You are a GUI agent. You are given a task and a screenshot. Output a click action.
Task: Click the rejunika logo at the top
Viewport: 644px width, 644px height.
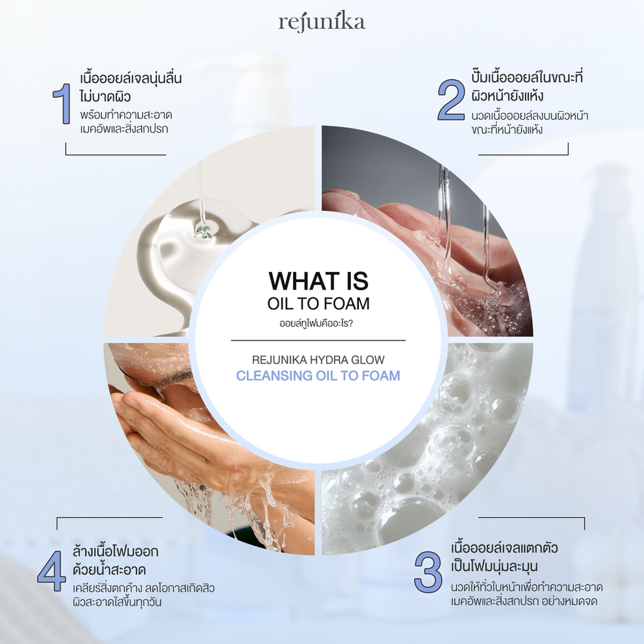tap(322, 23)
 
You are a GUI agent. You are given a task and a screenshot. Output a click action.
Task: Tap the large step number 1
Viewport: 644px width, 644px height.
tap(62, 104)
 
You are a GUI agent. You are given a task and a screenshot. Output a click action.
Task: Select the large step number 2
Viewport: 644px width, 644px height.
tap(451, 100)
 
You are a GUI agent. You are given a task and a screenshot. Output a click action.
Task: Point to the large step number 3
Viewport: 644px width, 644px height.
tap(428, 572)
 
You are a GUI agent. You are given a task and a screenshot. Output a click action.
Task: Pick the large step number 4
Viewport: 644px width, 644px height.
tap(52, 571)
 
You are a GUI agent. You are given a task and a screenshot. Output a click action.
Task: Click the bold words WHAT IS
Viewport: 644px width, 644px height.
tap(318, 281)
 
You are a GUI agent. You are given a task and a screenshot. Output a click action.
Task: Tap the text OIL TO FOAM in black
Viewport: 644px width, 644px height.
tap(318, 304)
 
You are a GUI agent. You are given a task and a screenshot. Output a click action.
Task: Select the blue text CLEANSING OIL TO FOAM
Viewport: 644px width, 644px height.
tap(318, 375)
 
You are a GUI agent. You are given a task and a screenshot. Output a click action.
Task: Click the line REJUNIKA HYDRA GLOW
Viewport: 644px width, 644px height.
tap(318, 360)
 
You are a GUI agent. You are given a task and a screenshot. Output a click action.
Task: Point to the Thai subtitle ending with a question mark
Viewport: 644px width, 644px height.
tap(316, 323)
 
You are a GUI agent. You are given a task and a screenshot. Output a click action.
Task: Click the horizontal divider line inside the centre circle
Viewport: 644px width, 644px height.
tap(318, 340)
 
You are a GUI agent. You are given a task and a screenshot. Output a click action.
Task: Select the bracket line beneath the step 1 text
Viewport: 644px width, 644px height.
tap(116, 154)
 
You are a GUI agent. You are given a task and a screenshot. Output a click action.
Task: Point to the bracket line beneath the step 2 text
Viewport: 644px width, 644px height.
tap(523, 154)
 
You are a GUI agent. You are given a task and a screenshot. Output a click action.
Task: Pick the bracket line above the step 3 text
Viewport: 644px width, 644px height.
tap(532, 518)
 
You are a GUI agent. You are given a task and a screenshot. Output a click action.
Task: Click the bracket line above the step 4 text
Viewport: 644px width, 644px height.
tap(109, 518)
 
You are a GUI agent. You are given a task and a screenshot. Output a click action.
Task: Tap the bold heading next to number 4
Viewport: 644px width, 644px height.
tap(115, 560)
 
